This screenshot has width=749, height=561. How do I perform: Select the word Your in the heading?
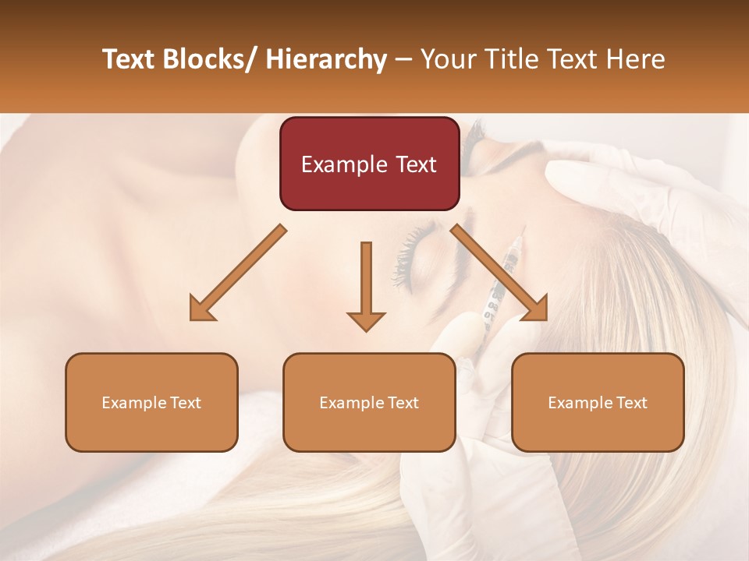point(447,59)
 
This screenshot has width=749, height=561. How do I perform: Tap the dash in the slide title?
point(403,61)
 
